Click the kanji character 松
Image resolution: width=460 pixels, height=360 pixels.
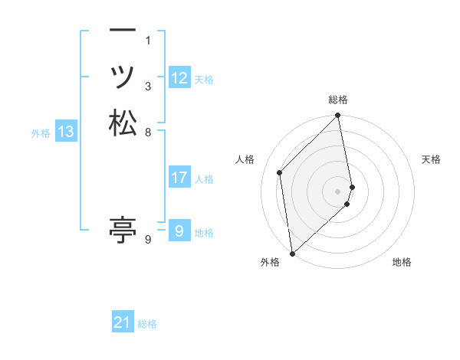(123, 124)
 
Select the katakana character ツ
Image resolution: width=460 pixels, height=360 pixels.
(123, 77)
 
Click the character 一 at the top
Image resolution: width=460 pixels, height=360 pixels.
(123, 31)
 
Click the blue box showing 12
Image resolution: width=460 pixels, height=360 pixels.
(179, 78)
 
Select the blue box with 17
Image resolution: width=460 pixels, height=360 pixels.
(179, 178)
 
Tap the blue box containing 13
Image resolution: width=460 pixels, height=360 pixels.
(66, 132)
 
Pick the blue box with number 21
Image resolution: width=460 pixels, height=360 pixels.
(123, 323)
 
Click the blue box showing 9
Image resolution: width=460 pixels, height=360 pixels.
(179, 231)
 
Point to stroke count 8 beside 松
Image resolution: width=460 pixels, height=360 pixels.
(149, 132)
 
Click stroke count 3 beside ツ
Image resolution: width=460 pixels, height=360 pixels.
(148, 86)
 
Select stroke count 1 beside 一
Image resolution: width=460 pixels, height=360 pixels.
(148, 40)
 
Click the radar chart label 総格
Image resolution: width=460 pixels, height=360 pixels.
(338, 100)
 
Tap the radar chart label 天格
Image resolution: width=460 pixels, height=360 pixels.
(431, 159)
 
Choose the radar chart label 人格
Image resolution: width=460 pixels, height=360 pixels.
(245, 159)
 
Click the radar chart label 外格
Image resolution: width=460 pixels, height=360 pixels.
(270, 262)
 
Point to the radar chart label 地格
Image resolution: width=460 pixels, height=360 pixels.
(402, 262)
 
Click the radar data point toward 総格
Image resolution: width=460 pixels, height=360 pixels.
(338, 116)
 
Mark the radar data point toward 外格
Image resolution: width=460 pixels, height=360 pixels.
(292, 253)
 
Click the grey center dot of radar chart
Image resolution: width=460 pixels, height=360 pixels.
(338, 191)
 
